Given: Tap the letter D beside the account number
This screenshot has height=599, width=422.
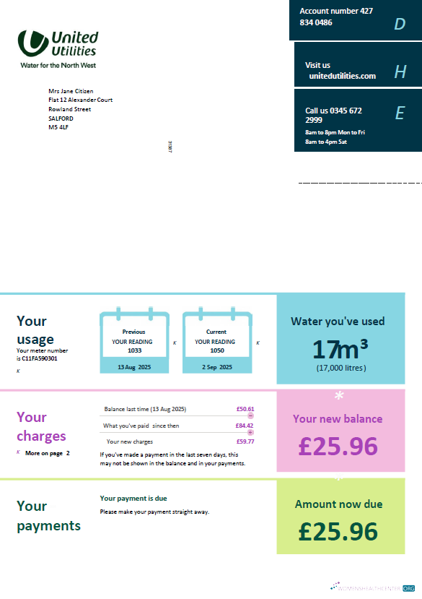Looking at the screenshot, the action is (x=400, y=24).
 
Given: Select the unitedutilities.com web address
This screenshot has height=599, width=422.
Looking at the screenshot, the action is (x=342, y=76).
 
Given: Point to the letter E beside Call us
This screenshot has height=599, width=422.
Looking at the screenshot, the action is (x=400, y=113).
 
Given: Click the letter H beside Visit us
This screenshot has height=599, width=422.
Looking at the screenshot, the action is (x=400, y=72).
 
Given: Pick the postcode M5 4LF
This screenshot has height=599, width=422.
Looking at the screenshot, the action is (x=58, y=127).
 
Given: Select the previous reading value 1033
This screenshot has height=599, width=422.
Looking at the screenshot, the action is (x=134, y=350).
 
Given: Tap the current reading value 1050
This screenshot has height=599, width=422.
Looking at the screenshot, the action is (x=216, y=350).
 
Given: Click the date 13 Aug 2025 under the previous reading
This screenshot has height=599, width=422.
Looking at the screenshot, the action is (x=134, y=367).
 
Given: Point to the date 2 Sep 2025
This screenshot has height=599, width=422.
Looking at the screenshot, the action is (x=217, y=367).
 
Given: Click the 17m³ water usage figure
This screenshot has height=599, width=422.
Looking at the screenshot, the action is (x=340, y=349).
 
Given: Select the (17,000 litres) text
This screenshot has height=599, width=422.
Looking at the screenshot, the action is (x=340, y=368).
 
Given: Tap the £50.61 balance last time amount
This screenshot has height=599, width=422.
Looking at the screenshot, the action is (x=245, y=409).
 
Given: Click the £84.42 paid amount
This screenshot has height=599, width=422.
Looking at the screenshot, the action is (x=245, y=426).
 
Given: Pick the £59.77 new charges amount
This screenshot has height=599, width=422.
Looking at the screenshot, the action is (x=245, y=441).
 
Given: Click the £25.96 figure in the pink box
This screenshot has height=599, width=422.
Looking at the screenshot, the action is (x=338, y=446).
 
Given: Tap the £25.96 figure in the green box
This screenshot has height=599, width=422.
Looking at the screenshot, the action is (x=338, y=531).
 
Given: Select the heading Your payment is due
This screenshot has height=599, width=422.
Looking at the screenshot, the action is (x=133, y=499).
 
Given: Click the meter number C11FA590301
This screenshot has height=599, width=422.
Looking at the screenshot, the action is (x=40, y=358).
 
